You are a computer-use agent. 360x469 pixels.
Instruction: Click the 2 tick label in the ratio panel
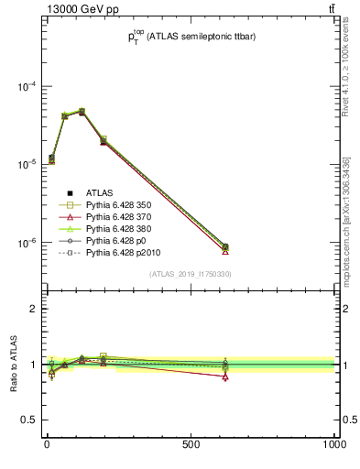click(x=36, y=309)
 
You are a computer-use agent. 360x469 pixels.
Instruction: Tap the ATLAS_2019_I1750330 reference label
click(x=190, y=274)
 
